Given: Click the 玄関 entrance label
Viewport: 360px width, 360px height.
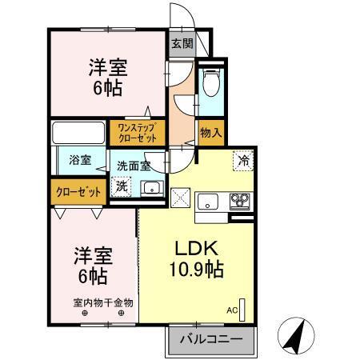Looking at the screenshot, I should [182, 44].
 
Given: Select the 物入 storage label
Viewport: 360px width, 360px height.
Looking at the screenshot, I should [210, 132].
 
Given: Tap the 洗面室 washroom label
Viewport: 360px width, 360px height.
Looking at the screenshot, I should [134, 166].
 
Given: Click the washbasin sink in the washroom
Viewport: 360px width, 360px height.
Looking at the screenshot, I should [150, 189].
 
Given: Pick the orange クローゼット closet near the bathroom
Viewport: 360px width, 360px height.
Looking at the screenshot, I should [78, 191].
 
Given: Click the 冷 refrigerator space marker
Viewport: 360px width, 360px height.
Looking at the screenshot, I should [243, 160].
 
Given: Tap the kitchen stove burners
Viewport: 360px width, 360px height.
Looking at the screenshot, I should [241, 201].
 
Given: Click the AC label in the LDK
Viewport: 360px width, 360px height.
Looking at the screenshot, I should [232, 308].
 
